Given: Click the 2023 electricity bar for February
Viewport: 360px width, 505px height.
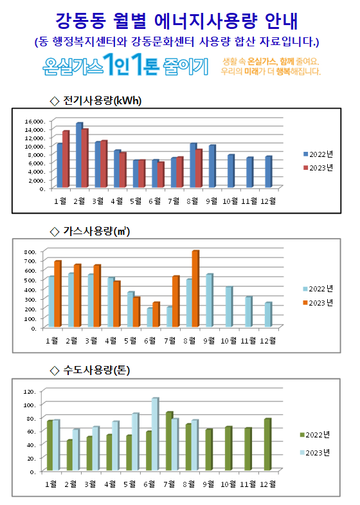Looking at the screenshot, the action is click(85, 158).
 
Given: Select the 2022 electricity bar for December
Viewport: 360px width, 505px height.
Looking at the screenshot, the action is click(269, 172).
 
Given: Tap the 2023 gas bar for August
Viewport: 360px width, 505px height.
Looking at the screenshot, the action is click(195, 289).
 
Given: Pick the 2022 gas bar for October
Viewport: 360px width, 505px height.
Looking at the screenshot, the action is click(229, 307).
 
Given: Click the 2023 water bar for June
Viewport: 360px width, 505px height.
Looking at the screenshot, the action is click(156, 434).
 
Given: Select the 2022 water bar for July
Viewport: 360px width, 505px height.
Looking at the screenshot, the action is click(170, 441).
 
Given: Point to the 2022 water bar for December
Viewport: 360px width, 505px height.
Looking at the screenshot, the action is click(267, 445).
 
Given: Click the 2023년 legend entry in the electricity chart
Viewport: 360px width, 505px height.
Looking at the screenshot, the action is click(318, 168).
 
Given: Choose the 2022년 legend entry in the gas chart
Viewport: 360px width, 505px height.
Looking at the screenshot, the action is click(318, 289).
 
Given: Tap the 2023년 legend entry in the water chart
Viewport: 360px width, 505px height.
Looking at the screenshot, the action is click(315, 452).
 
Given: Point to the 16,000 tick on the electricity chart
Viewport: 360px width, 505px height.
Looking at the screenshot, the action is click(34, 122).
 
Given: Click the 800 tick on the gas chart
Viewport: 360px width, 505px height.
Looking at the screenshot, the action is click(30, 252).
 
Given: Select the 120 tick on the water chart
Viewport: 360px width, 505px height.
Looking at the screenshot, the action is click(30, 392).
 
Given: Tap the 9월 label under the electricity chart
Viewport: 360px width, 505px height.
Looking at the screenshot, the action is click(212, 201).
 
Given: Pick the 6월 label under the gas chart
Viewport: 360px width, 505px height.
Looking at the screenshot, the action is click(150, 341).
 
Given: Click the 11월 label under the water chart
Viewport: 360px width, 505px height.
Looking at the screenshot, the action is click(248, 484).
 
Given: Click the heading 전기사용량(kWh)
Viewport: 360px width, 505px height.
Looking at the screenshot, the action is click(102, 100).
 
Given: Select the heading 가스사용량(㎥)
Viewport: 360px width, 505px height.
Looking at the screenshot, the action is click(96, 231).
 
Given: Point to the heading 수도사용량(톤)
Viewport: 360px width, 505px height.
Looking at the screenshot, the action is click(96, 370).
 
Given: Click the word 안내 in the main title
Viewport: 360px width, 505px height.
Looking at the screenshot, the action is click(282, 21).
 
